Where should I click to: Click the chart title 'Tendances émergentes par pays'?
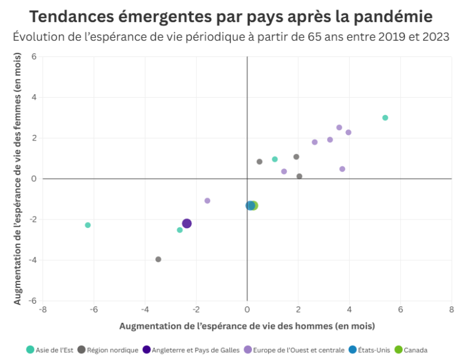231,16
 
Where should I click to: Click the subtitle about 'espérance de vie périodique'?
231,37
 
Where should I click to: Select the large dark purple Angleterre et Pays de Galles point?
187,223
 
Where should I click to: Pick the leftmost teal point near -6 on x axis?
88,225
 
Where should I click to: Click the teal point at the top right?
385,118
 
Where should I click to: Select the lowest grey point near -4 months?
158,259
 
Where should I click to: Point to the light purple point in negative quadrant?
208,200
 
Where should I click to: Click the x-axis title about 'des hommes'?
247,326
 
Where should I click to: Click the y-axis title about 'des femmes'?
17,179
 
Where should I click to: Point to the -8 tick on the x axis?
43,310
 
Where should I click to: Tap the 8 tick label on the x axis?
451,310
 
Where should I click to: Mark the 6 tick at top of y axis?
34,57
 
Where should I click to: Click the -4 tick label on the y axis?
33,260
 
